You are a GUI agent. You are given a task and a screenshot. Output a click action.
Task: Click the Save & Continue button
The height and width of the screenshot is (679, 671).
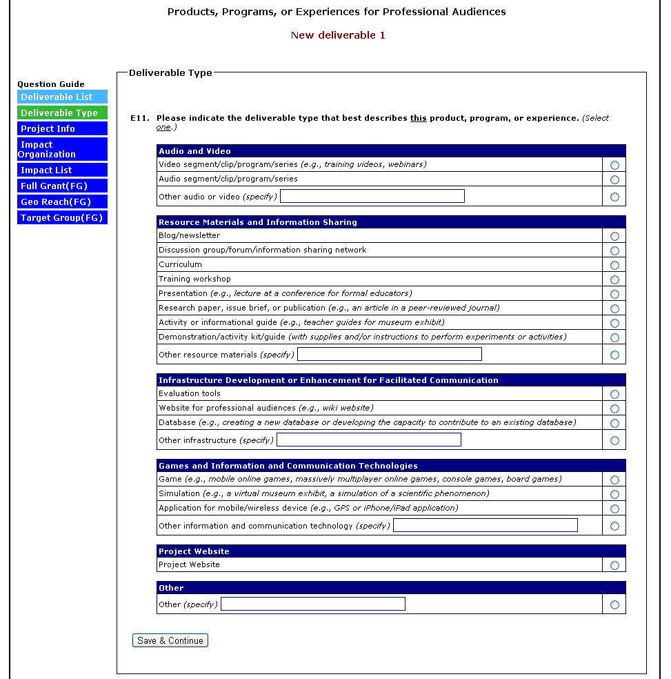[170, 640]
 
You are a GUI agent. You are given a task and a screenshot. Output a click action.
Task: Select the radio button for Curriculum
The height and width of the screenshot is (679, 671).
[614, 265]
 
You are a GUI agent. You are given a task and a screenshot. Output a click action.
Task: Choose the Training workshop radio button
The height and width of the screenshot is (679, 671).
[614, 279]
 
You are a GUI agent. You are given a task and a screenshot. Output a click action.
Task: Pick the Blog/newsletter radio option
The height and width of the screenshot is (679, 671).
[614, 236]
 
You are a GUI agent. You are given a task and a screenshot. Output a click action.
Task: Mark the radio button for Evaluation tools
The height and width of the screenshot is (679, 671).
[614, 394]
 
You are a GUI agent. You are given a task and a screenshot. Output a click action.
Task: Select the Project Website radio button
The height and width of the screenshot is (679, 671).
[614, 565]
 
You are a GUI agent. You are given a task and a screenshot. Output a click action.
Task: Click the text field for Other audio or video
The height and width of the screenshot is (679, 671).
[372, 197]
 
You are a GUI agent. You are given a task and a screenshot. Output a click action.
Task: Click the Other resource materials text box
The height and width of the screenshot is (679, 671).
[390, 355]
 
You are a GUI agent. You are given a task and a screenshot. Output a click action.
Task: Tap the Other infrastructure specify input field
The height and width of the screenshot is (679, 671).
[369, 440]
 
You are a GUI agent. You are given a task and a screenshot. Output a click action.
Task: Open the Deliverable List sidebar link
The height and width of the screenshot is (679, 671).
[63, 97]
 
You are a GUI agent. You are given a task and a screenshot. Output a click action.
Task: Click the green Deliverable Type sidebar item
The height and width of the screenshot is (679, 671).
[63, 113]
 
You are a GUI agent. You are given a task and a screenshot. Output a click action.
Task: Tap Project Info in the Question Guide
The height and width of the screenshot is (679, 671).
[63, 129]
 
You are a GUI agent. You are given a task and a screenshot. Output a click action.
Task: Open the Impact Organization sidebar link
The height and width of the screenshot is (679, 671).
[63, 149]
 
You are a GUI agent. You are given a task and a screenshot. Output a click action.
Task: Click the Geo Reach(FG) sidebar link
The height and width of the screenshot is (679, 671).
[63, 202]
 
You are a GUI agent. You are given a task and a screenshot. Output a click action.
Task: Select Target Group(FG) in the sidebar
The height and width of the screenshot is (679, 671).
[63, 218]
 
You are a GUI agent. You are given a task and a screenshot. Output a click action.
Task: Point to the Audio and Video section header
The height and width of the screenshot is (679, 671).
[195, 151]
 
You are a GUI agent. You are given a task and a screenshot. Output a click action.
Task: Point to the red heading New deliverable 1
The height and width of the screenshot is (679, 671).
[338, 35]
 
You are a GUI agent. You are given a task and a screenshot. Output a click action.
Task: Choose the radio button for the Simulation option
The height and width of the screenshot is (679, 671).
[614, 494]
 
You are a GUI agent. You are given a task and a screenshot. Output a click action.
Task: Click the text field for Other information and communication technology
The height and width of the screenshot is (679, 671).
[485, 526]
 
